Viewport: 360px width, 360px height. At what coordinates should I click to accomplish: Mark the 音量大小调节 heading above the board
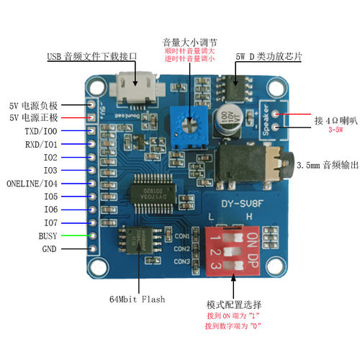click(190, 42)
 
